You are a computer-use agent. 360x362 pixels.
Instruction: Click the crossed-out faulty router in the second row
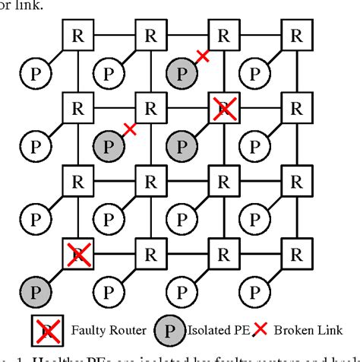pos(223,108)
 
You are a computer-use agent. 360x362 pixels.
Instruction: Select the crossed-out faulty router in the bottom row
pos(77,254)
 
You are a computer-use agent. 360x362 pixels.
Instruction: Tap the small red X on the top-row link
pos(203,56)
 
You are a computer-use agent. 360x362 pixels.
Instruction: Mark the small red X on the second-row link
pos(130,129)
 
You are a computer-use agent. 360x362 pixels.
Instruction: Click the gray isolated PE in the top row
pos(181,73)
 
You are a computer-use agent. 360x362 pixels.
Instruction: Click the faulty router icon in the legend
pos(46,330)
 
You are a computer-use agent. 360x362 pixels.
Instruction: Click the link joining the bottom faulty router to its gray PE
pos(55,275)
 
